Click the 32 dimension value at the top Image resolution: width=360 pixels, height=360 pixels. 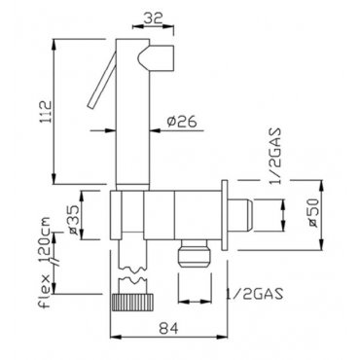(x=153, y=18)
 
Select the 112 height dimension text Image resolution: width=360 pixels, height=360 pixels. (x=47, y=112)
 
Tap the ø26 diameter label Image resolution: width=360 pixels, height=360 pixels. (x=182, y=122)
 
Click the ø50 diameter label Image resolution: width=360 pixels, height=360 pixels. (x=313, y=213)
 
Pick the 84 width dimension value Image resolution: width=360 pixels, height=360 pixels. (x=168, y=329)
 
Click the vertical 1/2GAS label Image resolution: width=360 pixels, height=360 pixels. (x=275, y=157)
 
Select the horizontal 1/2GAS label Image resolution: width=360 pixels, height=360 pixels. (x=255, y=294)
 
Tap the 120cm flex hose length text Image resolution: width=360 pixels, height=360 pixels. (x=44, y=240)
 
